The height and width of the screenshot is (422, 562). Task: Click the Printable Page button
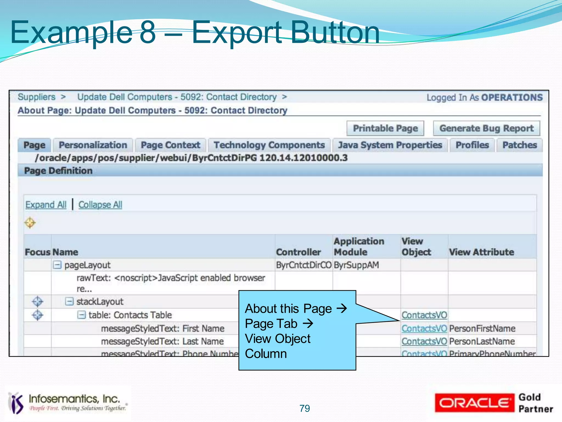click(385, 128)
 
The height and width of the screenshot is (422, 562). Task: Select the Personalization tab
click(93, 145)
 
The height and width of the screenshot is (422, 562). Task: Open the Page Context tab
click(170, 145)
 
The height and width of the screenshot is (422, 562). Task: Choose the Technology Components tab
click(269, 145)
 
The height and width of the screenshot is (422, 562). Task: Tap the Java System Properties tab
click(390, 145)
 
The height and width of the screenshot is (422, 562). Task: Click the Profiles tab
click(472, 145)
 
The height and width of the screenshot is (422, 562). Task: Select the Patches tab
click(519, 145)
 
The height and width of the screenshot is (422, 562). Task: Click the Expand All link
click(46, 205)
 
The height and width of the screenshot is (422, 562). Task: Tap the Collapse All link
click(100, 205)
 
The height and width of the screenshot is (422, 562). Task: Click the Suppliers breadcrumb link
click(36, 97)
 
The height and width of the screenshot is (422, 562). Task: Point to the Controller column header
click(298, 252)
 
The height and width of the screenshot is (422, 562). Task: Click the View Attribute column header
click(481, 252)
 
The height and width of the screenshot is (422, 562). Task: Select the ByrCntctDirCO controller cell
click(304, 265)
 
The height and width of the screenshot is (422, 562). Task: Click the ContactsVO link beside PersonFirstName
click(424, 328)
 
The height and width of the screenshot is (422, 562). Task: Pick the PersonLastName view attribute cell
click(482, 341)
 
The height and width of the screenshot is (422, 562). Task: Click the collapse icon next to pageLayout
click(57, 265)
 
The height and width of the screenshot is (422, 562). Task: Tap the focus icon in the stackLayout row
click(37, 301)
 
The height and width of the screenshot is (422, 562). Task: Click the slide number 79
click(305, 408)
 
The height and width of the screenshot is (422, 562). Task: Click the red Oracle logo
click(474, 403)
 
